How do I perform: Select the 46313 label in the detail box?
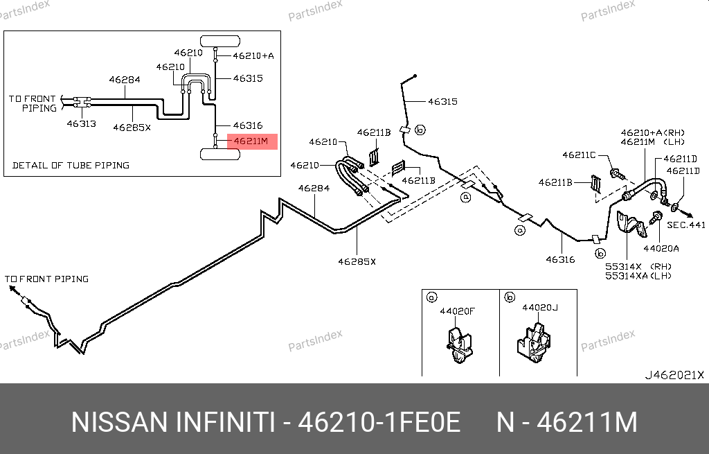81,124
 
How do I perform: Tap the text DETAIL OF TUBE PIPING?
71,165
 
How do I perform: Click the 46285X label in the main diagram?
357,261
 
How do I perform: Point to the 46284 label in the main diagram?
314,188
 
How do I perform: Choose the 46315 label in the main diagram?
442,101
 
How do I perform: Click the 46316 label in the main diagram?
560,260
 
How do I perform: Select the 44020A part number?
661,247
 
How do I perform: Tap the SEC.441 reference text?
685,225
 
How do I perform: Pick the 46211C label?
579,155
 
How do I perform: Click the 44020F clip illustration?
458,344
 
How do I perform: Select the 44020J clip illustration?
534,343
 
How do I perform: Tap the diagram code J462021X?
674,375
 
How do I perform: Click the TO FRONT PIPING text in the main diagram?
47,279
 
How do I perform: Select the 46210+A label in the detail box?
253,55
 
